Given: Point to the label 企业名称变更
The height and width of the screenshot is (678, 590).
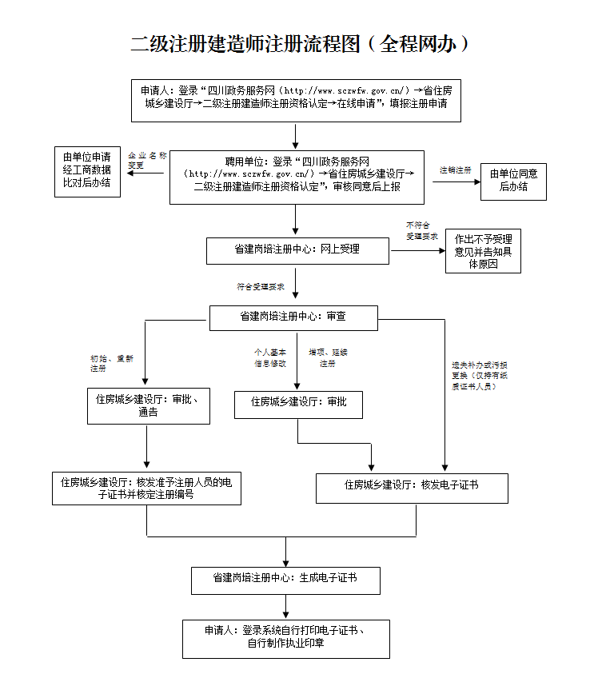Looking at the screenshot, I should [x=147, y=160].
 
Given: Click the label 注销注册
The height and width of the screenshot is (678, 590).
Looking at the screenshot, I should [x=455, y=170].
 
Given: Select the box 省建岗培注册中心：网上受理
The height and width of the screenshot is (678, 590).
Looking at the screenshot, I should [x=297, y=249].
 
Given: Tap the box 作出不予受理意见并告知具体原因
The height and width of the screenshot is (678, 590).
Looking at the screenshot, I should [x=483, y=251].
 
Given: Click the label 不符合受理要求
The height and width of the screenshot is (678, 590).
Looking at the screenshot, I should [x=422, y=231].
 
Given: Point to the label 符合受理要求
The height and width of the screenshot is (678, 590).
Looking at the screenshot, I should [x=261, y=286].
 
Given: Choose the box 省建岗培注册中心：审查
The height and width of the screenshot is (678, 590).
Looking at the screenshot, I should [x=293, y=317].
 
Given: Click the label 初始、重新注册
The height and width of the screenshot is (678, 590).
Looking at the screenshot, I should [x=112, y=364].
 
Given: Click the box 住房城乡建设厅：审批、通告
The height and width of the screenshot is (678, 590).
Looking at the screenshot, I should [x=148, y=406].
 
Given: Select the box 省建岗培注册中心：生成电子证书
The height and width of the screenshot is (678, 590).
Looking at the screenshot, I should [x=285, y=579].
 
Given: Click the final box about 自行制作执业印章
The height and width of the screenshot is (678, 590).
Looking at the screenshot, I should [x=285, y=638].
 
